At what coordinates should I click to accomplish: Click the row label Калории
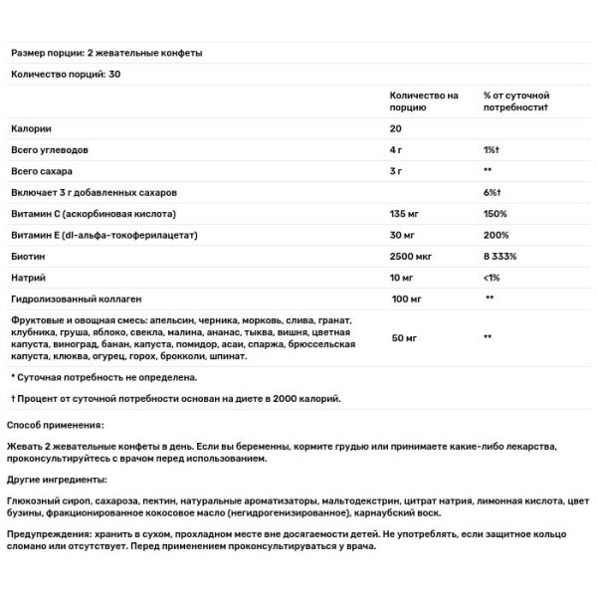30,129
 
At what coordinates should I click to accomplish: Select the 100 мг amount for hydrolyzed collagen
408,298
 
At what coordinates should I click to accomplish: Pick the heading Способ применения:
60,423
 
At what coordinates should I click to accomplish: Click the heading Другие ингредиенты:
60,480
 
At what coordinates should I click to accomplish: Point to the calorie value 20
395,129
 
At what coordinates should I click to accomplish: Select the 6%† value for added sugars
493,192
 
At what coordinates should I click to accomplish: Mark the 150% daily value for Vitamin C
495,213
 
